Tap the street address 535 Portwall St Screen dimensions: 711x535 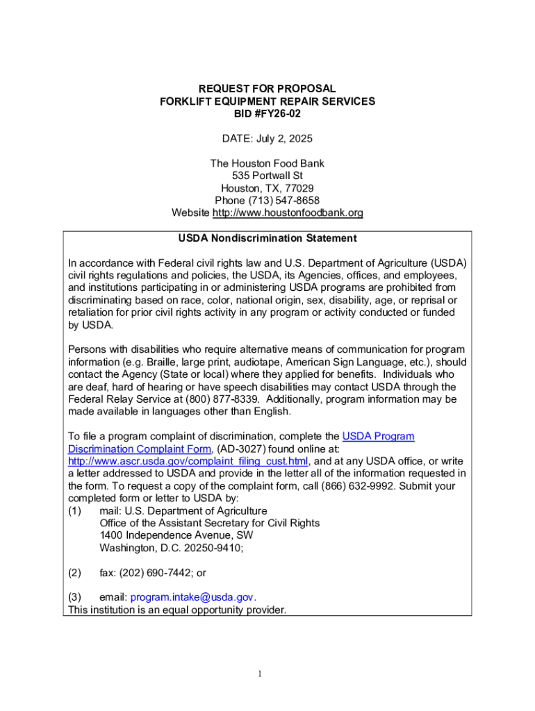tap(267, 176)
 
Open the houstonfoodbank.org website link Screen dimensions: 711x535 tap(287, 213)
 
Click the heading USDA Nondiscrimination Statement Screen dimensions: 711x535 tap(267, 238)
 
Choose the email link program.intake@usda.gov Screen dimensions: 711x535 tap(192, 597)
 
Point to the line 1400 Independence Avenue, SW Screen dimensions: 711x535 tap(176, 535)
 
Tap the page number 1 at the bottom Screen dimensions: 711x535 tap(258, 673)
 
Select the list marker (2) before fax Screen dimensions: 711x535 tap(74, 573)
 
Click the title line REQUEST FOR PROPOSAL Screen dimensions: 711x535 tap(267, 89)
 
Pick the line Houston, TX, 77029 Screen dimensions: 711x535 tap(267, 188)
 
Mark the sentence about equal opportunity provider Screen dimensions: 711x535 tap(176, 610)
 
